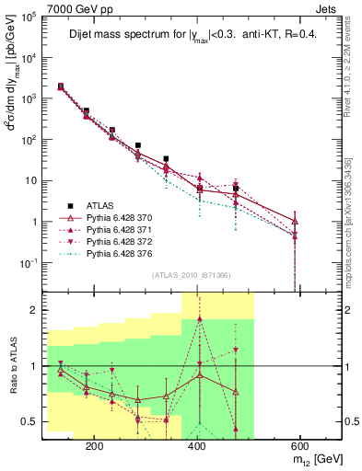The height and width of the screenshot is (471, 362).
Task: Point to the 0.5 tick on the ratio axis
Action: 32,422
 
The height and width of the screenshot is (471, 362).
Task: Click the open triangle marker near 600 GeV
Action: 295,222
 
